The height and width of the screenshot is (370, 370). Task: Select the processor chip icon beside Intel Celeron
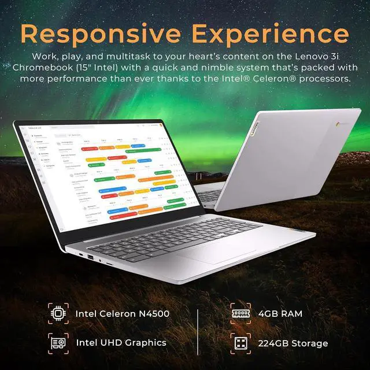click(x=58, y=314)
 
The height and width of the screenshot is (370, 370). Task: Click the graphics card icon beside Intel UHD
click(x=58, y=342)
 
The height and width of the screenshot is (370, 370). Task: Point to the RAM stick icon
click(x=240, y=314)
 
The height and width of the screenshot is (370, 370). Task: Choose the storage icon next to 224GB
click(x=240, y=342)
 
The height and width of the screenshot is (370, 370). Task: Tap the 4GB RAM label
click(x=280, y=314)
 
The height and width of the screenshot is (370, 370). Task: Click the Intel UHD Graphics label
click(x=121, y=342)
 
